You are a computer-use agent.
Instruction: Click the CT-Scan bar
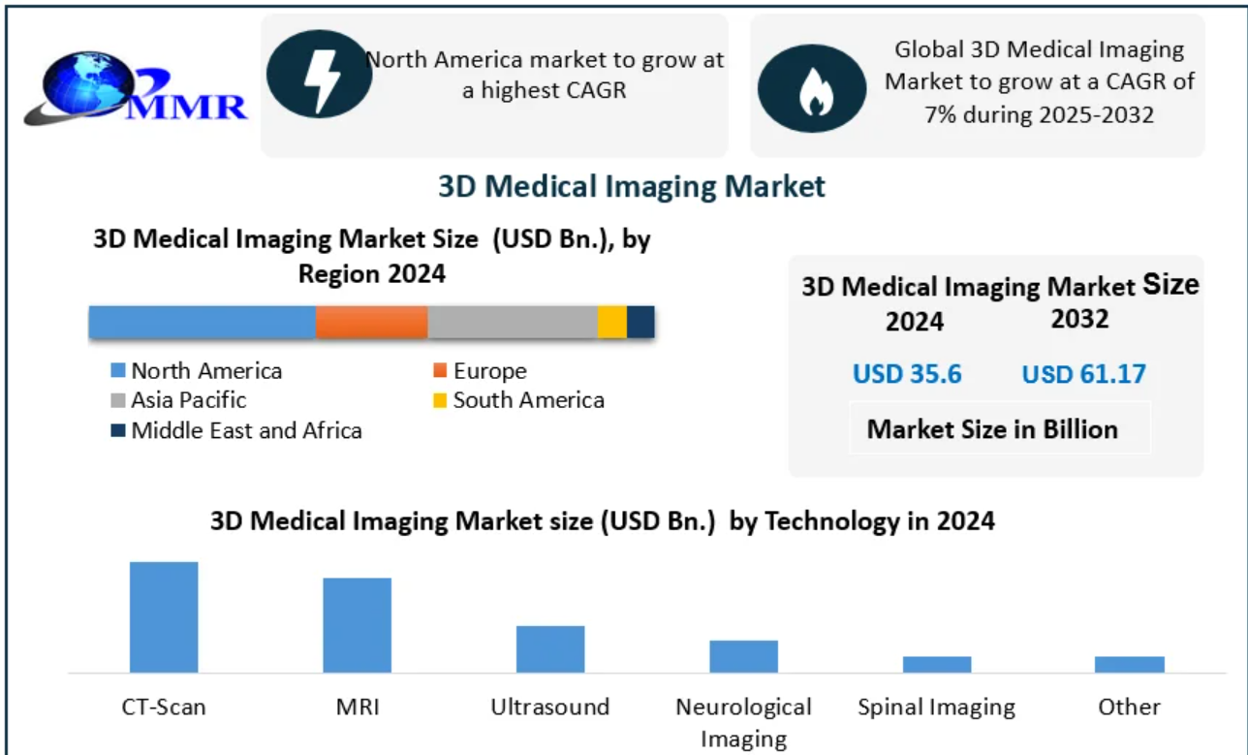(164, 616)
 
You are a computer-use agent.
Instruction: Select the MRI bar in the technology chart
(357, 624)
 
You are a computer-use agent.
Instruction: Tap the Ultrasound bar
(549, 648)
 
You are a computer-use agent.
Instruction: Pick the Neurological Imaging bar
(743, 656)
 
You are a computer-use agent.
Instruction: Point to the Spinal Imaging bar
(937, 664)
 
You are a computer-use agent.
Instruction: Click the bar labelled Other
(1130, 664)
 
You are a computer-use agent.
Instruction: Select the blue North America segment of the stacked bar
(202, 322)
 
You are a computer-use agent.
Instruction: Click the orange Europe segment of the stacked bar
(371, 322)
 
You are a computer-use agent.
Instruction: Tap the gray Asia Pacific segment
(512, 322)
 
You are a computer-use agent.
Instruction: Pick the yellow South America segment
(611, 322)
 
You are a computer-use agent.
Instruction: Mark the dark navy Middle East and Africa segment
(640, 322)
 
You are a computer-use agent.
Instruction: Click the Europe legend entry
(480, 371)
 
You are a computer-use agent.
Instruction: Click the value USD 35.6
(907, 374)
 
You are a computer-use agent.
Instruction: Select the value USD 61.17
(1083, 374)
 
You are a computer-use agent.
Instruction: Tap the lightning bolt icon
(319, 74)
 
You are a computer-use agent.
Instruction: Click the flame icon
(811, 88)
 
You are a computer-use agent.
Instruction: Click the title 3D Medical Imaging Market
(632, 185)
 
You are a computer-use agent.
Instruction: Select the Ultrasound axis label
(549, 707)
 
